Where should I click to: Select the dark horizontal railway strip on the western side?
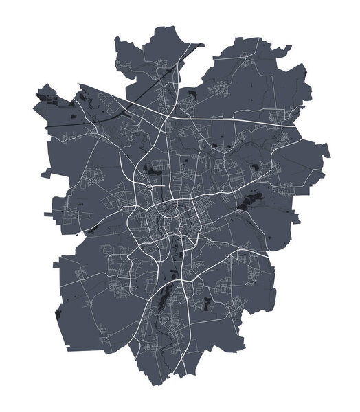tap(69, 124)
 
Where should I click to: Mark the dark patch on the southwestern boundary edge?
tap(59, 312)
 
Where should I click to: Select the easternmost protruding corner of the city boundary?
tap(329, 152)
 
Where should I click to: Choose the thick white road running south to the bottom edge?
tap(180, 357)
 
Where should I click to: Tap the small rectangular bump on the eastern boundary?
tap(297, 218)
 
